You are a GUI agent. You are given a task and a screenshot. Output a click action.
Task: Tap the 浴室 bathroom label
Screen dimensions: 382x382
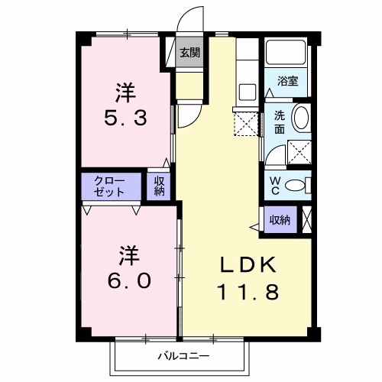tap(289, 81)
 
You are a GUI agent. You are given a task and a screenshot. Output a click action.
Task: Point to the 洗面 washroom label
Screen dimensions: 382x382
tap(280, 123)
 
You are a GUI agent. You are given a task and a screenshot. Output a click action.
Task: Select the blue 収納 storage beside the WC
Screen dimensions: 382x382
tap(280, 220)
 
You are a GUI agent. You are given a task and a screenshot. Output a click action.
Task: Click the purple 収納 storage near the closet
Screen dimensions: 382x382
tap(160, 186)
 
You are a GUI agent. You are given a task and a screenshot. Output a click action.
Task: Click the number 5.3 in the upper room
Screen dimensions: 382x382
tap(126, 119)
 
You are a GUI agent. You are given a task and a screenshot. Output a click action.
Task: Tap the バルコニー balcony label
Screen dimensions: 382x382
tap(183, 355)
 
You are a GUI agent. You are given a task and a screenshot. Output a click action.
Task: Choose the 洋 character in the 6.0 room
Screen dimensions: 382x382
tap(128, 253)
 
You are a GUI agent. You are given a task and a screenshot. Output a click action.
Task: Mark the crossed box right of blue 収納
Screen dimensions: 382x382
tap(307, 219)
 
